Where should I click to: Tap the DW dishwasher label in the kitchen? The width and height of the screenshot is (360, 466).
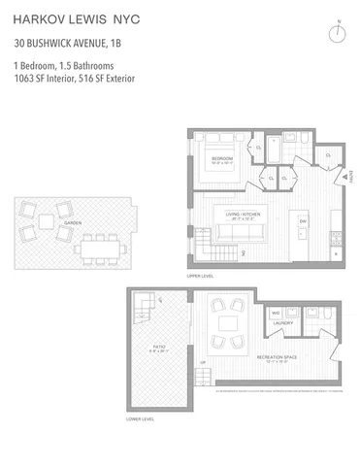303,220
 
